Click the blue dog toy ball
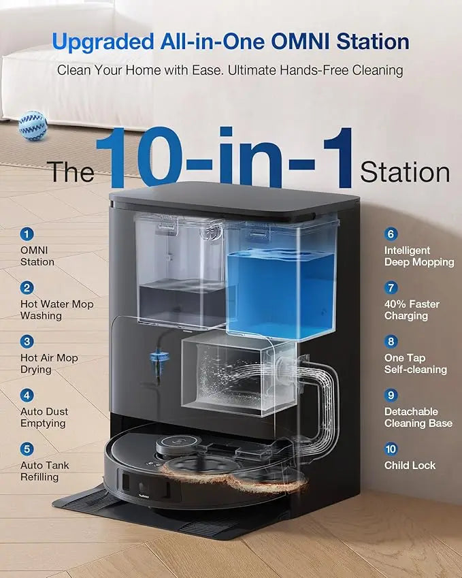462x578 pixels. tap(33, 126)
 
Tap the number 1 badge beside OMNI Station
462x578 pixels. tap(27, 234)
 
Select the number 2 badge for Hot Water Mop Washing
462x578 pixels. tap(27, 287)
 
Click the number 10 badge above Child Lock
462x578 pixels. tap(391, 449)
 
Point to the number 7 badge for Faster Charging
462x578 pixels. tap(391, 287)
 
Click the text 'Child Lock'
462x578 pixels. tap(410, 465)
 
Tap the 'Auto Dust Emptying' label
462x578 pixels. tap(44, 417)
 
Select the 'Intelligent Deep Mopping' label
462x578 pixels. tap(419, 256)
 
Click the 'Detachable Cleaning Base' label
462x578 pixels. tap(418, 417)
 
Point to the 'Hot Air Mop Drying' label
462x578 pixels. tap(49, 364)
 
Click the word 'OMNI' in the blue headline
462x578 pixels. tap(300, 42)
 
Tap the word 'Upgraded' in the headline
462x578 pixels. tap(103, 42)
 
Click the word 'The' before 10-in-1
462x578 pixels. tap(71, 172)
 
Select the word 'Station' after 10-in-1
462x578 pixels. tap(405, 172)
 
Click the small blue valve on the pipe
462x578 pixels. tap(159, 357)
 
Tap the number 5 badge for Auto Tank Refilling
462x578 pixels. tap(27, 449)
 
